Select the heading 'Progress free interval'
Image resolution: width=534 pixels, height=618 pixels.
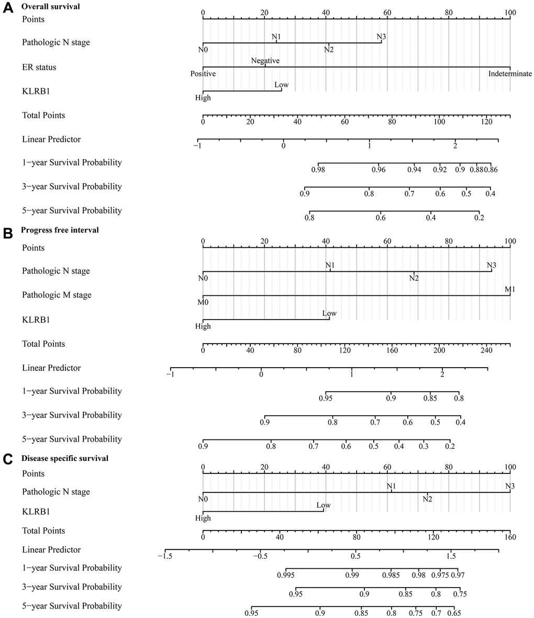click(60, 230)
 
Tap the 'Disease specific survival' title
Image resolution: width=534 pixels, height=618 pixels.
click(65, 458)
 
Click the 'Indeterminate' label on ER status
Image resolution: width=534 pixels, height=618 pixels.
click(510, 74)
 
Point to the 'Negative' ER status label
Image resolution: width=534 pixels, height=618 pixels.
click(265, 61)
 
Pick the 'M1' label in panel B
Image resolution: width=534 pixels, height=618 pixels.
click(510, 289)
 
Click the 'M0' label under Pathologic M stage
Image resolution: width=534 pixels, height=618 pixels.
click(203, 302)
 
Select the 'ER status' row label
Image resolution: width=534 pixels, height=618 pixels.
click(39, 67)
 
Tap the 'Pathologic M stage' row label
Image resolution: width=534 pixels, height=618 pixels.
click(57, 295)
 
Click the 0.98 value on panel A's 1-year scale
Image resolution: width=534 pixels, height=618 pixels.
click(318, 170)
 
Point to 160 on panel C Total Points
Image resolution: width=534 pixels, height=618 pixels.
click(510, 537)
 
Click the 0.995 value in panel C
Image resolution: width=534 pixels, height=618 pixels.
click(286, 575)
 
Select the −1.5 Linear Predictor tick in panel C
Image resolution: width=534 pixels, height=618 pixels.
click(164, 556)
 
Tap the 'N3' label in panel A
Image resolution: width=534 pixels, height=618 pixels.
click(382, 37)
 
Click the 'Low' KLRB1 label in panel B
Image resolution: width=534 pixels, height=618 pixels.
click(329, 313)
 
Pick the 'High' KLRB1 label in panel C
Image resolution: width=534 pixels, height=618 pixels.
click(203, 518)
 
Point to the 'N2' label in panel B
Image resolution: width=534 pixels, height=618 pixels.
click(414, 278)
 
